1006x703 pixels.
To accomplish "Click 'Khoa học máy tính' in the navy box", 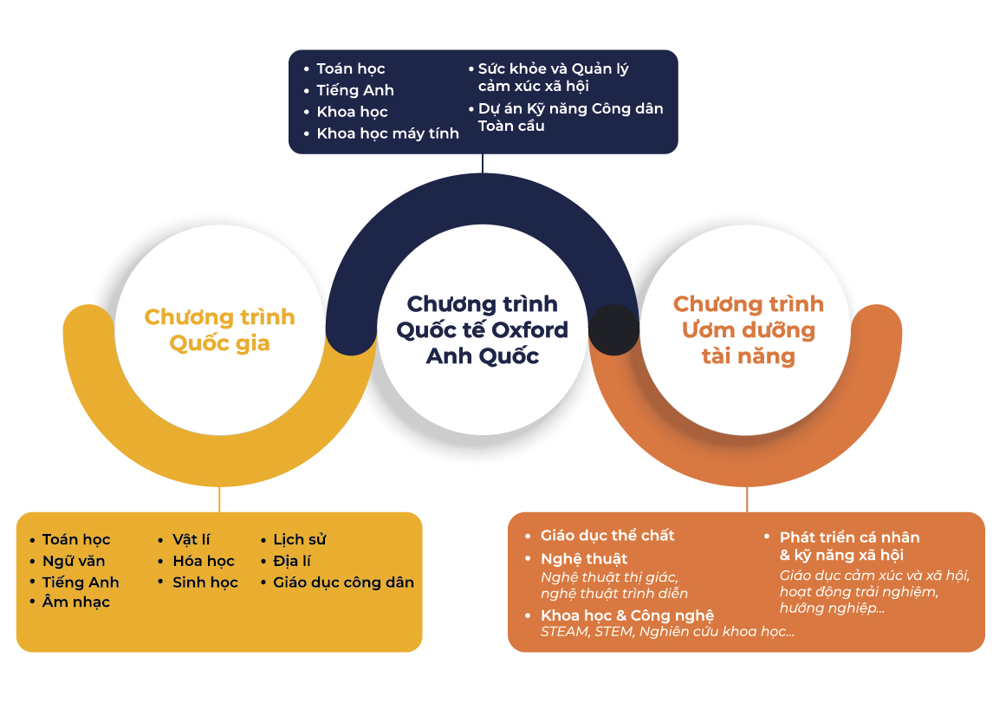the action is coord(387,133).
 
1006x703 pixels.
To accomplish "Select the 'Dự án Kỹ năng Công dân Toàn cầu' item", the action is coord(570,117).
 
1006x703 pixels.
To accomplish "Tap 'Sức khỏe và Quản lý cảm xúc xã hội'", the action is coord(553,77).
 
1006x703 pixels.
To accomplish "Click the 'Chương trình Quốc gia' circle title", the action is coord(219,330).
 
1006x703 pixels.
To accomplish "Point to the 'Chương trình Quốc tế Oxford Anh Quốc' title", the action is coord(483,329).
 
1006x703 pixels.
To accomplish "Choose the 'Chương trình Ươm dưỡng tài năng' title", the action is coord(748,329).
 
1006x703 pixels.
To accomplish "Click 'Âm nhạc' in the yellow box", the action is coord(75,602).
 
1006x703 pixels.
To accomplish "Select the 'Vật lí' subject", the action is coord(191,539).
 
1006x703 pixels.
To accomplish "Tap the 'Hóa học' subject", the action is coord(204,561).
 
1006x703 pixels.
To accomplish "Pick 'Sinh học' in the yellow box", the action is coord(205,583).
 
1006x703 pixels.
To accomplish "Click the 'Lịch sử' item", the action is coord(300,539).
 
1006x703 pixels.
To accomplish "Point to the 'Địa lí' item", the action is coord(292,561).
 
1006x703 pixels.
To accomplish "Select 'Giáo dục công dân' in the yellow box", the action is coord(343,583).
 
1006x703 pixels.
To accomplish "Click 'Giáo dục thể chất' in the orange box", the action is coord(607,536).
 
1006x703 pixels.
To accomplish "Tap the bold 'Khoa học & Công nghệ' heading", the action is coord(626,615).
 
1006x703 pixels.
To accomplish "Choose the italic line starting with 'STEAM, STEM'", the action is coord(667,632).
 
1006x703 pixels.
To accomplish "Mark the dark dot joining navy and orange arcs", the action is coord(614,329).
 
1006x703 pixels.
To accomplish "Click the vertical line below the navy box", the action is coord(483,163).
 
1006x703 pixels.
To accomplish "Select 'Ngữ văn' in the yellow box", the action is coord(73,561).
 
